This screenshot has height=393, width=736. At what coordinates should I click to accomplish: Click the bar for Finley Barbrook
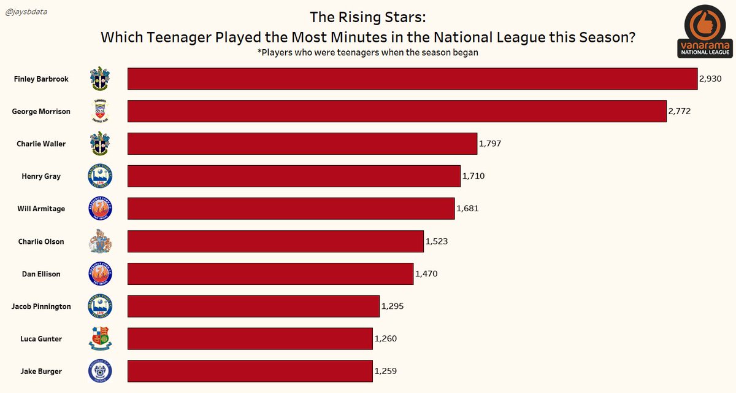(x=412, y=79)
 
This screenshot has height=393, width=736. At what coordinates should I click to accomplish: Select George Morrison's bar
(x=396, y=112)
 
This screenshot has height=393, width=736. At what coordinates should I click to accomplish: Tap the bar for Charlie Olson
(x=275, y=241)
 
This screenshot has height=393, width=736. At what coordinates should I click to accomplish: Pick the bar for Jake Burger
(x=250, y=372)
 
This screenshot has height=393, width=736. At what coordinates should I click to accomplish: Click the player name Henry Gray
(x=41, y=177)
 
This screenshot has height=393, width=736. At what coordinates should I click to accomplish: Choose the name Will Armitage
(x=41, y=209)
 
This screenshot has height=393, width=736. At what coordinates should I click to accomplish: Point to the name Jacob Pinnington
(x=41, y=306)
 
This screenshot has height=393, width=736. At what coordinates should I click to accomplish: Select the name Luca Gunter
(x=41, y=339)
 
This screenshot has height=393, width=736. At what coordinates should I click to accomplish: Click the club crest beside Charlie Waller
(x=99, y=144)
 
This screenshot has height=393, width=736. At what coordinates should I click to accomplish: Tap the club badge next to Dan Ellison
(x=99, y=274)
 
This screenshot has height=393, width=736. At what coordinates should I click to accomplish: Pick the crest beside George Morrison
(x=99, y=111)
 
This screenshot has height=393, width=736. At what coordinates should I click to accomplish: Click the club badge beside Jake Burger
(x=99, y=371)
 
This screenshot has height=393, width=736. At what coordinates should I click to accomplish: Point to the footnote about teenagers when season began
(x=367, y=53)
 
